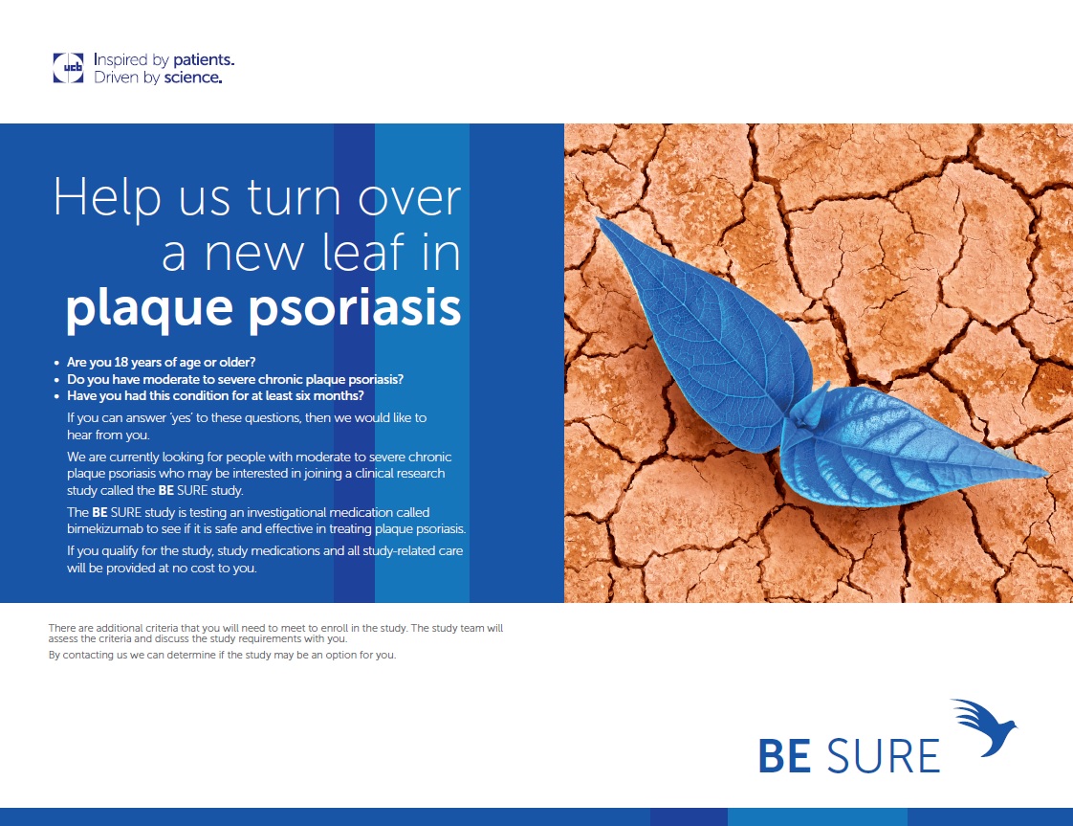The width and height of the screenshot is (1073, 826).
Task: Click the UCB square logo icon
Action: point(69,68)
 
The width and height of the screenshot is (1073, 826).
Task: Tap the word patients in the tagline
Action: point(204,60)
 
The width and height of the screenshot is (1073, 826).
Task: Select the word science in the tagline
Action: point(193,78)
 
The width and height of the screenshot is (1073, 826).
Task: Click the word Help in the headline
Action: point(107,199)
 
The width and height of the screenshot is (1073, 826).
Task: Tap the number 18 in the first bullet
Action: point(121,363)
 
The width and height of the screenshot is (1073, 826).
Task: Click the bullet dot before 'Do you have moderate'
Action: point(56,380)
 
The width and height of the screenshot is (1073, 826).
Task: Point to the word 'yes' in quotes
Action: point(182,418)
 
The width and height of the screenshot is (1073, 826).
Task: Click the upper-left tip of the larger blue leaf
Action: point(598,219)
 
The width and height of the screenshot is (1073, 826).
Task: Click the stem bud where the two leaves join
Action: point(807,408)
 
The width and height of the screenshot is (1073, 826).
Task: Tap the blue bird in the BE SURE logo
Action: point(984,726)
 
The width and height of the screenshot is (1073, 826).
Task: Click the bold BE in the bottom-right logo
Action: point(785,756)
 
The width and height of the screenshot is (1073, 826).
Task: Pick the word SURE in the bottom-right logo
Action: point(884,756)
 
